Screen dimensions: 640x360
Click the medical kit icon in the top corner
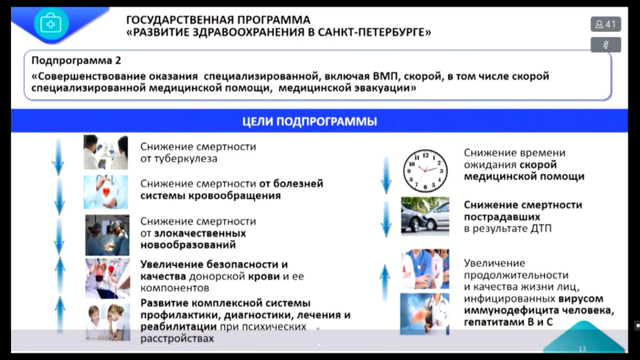coord(51,23)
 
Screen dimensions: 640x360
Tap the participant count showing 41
coord(606,24)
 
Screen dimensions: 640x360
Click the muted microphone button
coord(606,45)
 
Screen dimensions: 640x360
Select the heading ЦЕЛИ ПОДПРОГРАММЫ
coord(310,122)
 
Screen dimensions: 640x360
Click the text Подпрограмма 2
coord(76,60)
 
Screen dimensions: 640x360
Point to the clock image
coord(425,171)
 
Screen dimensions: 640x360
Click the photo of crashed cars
coord(425,216)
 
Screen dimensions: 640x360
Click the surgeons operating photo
coord(107,235)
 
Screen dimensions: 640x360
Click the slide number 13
coord(582,349)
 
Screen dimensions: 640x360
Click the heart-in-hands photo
coord(106,192)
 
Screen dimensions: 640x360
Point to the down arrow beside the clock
coord(386,176)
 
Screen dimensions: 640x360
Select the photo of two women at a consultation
coord(107,322)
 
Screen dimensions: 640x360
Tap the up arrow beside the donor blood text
coord(60,275)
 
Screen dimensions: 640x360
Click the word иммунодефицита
coord(510,311)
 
